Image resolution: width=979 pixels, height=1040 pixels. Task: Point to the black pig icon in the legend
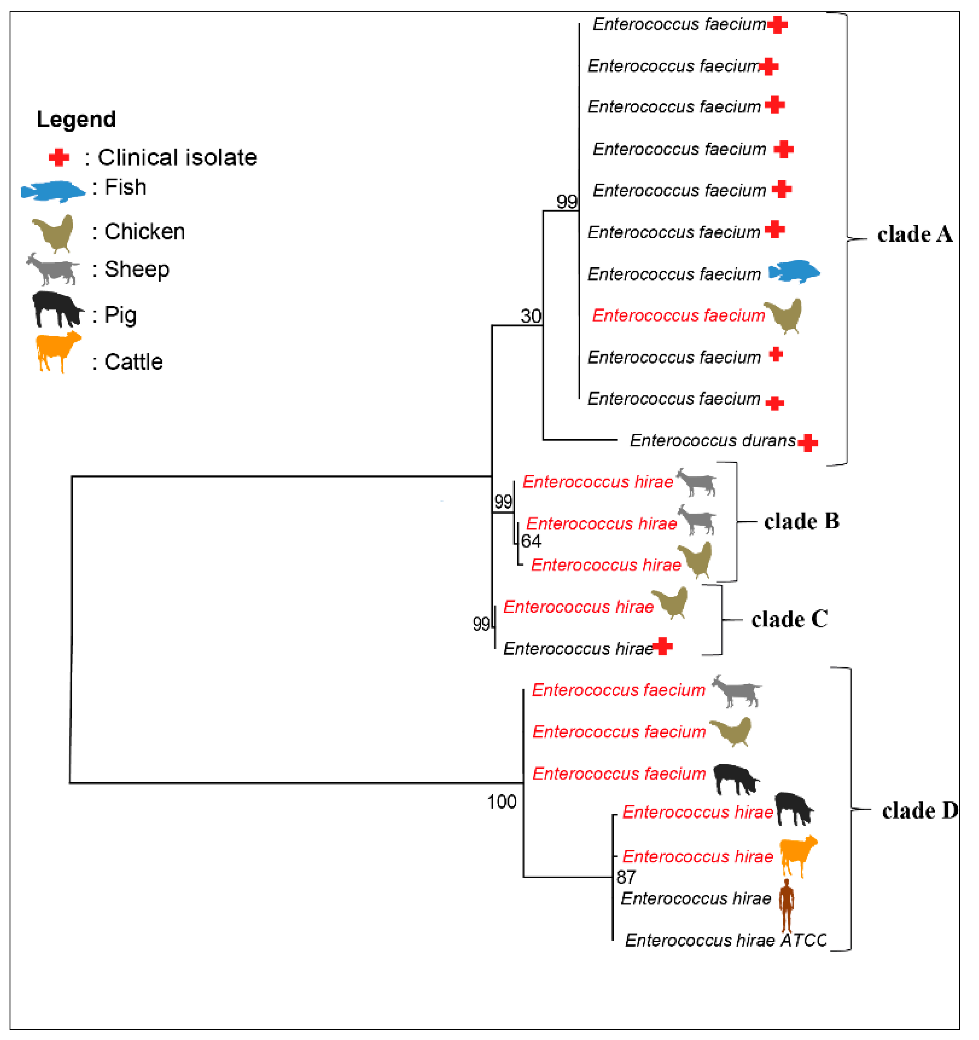[57, 309]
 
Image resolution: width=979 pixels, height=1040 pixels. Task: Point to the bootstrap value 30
[531, 316]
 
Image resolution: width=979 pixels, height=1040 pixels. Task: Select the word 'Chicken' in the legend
[145, 232]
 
